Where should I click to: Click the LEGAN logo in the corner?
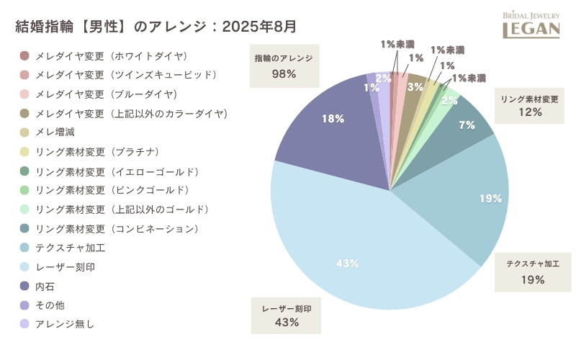[x=531, y=24]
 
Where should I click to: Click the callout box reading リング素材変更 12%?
[x=529, y=106]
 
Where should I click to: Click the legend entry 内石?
[x=45, y=286]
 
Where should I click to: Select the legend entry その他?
[x=50, y=305]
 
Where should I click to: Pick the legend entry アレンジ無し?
[x=64, y=324]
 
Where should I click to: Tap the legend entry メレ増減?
[x=54, y=132]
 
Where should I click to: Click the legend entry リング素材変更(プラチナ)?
[x=96, y=152]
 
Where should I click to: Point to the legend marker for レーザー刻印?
[x=24, y=267]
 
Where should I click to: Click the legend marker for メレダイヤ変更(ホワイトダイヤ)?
[x=24, y=56]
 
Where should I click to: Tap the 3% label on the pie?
[x=415, y=86]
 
